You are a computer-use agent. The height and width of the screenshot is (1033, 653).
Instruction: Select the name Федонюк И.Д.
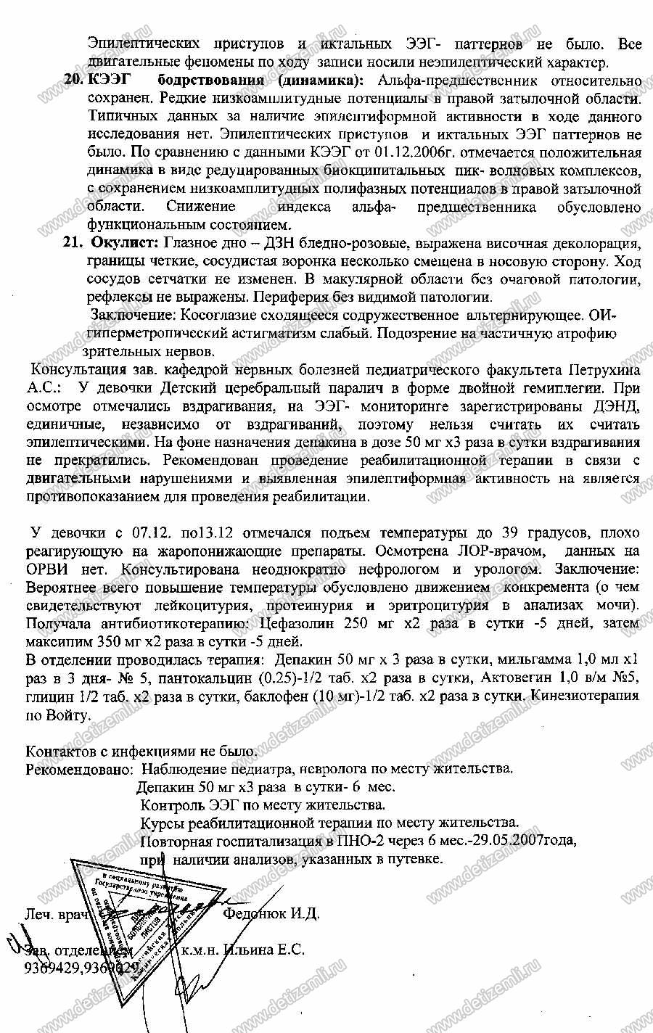272,913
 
